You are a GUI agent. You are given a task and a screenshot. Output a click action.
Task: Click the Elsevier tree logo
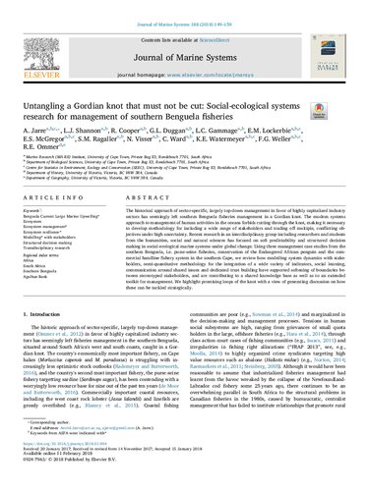coord(40,40)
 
